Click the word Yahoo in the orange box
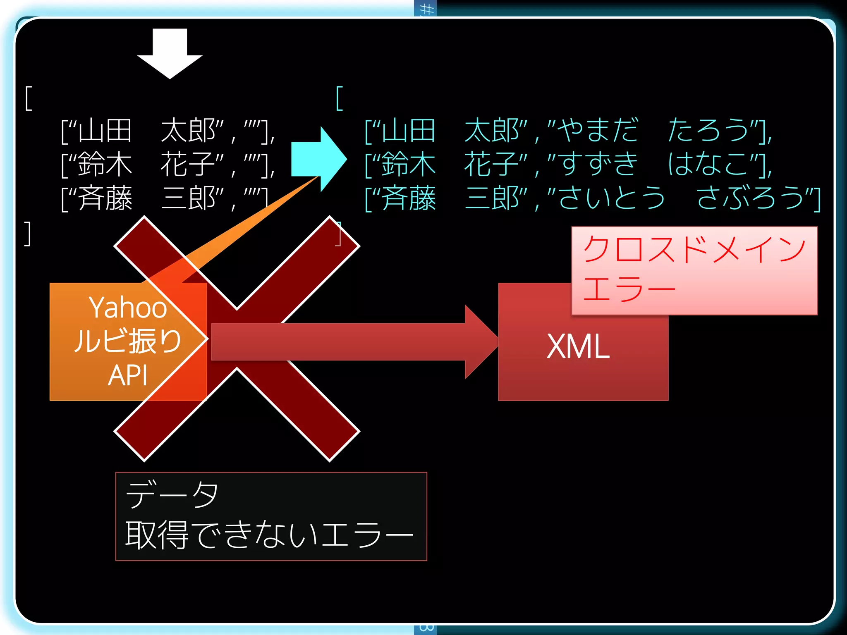coord(128,308)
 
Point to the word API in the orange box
coord(128,375)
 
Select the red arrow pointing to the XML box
coord(352,341)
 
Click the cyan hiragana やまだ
coord(597,130)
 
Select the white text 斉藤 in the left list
coord(105,198)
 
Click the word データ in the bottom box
coord(172,494)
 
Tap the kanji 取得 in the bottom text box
coord(157,535)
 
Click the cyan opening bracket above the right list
coord(340,98)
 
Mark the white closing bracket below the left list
coord(28,234)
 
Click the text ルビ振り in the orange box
coord(128,341)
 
